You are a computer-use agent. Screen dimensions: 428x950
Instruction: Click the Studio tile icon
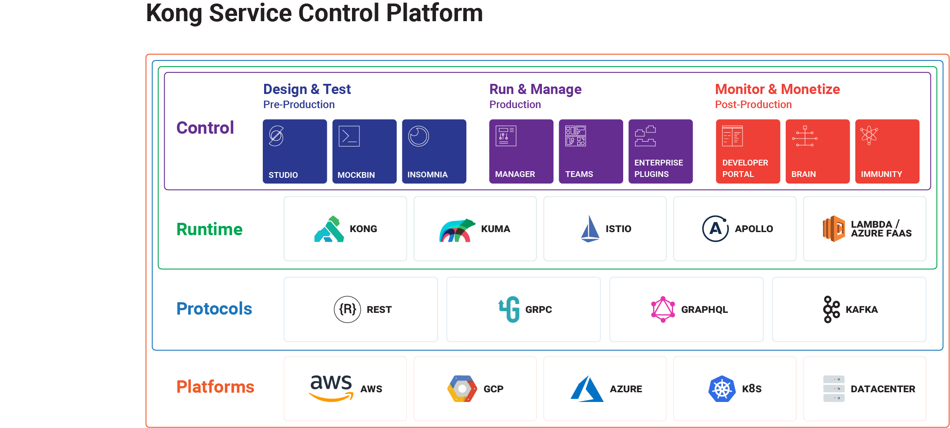click(276, 136)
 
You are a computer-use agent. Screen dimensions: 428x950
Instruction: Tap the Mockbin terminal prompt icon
click(349, 136)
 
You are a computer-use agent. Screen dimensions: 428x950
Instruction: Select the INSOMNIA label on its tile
click(427, 175)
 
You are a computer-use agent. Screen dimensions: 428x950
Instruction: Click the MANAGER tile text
click(515, 174)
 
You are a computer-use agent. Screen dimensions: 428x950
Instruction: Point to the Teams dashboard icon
click(575, 136)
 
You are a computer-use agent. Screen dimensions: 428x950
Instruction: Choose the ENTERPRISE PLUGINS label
click(658, 169)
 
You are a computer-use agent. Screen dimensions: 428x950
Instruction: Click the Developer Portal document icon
click(732, 136)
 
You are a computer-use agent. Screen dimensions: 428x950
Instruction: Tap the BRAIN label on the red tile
click(803, 174)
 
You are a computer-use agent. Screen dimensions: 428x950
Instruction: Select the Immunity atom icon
click(869, 135)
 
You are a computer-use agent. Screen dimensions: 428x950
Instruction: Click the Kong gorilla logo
click(329, 229)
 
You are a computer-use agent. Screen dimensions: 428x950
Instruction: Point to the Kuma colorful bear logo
click(457, 230)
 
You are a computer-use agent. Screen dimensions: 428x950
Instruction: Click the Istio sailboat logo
click(590, 229)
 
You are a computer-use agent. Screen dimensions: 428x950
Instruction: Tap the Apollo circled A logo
click(715, 229)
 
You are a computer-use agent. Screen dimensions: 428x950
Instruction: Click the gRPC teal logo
click(509, 309)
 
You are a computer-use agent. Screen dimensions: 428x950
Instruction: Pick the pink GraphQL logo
click(662, 309)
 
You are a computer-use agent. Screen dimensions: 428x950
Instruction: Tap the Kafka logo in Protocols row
click(831, 309)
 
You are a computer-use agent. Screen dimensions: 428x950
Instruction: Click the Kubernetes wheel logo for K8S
click(722, 389)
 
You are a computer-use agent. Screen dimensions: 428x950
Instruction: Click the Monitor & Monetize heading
click(777, 89)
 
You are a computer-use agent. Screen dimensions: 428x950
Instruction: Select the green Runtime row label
click(209, 229)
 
